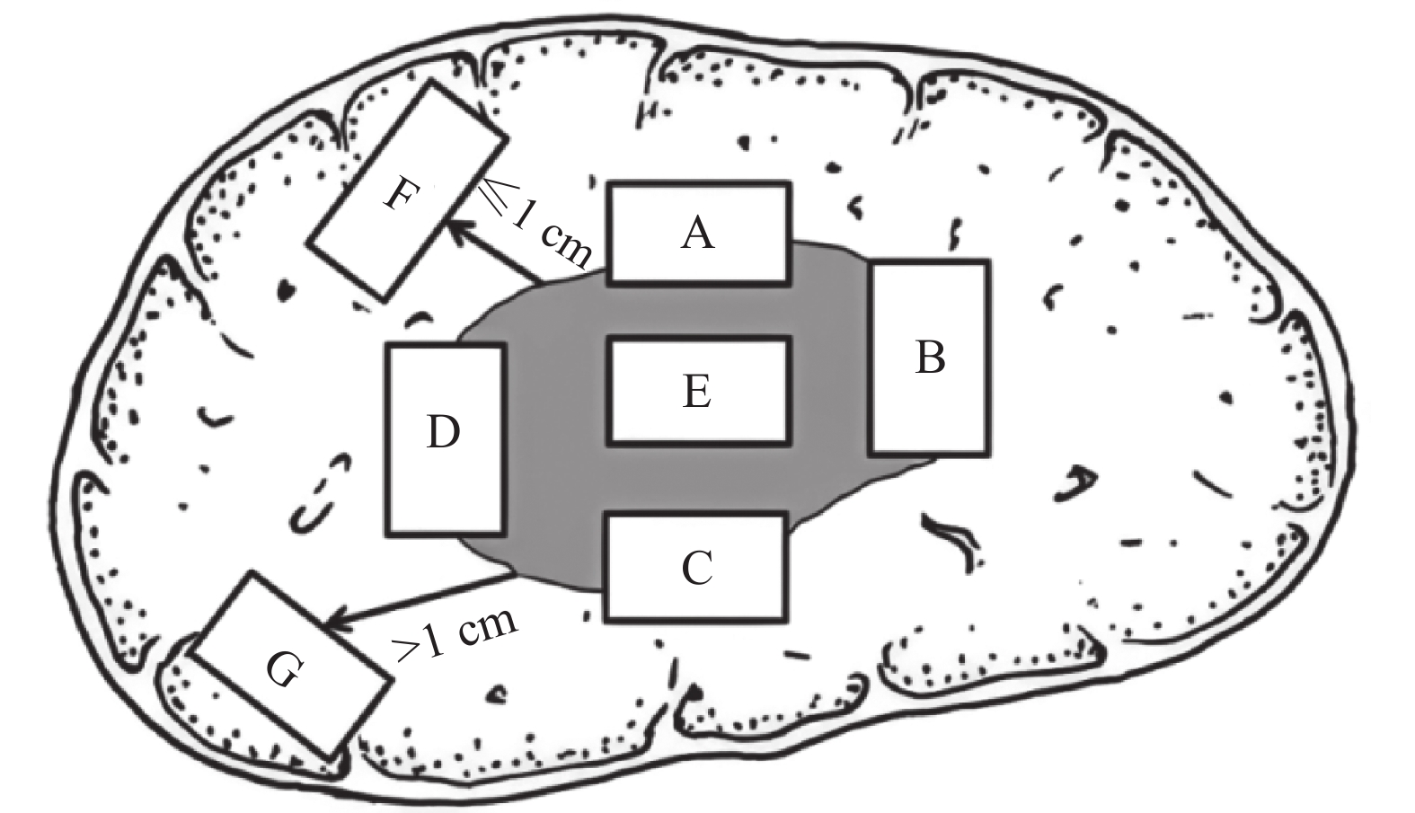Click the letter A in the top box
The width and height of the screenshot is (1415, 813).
[697, 233]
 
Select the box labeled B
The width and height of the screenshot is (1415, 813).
[928, 358]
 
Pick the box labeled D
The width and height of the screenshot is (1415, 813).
[446, 440]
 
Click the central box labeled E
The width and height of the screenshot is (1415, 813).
[699, 391]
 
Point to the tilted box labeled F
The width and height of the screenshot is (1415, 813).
[408, 191]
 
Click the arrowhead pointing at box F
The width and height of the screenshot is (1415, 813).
[458, 229]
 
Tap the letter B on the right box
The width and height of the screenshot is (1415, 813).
[930, 358]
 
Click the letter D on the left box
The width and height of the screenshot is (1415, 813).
[443, 432]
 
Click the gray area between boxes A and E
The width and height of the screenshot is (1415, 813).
[698, 310]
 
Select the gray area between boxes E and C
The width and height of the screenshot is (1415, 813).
[698, 480]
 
